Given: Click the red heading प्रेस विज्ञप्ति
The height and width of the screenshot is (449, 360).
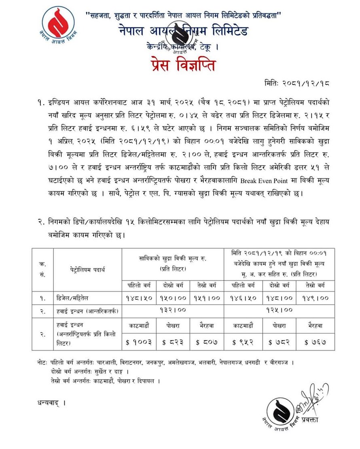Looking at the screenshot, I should [180, 64].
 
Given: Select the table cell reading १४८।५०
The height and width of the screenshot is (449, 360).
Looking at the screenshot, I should [139, 298].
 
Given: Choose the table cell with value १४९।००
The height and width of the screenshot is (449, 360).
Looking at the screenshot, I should [316, 298].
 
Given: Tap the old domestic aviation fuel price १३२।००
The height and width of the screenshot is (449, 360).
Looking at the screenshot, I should [173, 311].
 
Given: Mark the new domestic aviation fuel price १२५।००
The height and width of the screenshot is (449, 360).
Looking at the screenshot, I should [279, 311].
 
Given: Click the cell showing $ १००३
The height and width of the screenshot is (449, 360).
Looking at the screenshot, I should [139, 342].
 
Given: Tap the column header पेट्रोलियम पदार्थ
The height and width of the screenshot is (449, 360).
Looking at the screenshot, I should [87, 268].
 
